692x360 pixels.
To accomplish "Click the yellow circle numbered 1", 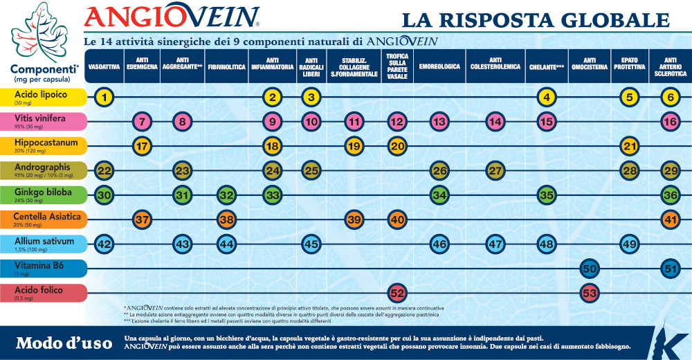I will tap(104, 97).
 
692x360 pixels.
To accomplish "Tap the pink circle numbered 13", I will tap(438, 122).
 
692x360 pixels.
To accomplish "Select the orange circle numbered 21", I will tap(629, 146).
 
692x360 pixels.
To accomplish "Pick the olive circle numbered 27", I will tap(494, 170).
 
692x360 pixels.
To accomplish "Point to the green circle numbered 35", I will tap(547, 195).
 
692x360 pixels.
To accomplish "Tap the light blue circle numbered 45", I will tap(311, 244).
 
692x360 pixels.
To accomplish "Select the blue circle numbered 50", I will tap(590, 268).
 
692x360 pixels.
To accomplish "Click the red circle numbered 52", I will tap(397, 292).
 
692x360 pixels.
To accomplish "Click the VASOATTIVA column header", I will tap(104, 66).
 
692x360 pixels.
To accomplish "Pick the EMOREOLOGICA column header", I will tap(439, 66).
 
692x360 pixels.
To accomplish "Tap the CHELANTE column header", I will tap(547, 66).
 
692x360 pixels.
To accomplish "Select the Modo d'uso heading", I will tap(63, 343).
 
